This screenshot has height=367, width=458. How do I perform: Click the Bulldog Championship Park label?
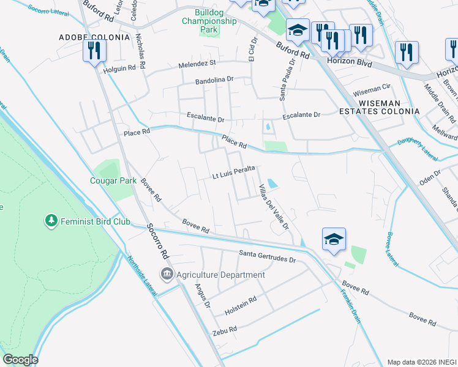tap(209, 21)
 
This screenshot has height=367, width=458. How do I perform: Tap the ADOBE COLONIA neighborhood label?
tap(95, 37)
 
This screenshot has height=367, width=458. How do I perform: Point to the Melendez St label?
tap(197, 63)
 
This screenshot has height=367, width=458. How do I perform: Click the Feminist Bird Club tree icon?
tap(51, 220)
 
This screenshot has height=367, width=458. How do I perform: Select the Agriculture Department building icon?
tap(166, 275)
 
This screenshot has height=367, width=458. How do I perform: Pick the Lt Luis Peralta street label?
tap(233, 176)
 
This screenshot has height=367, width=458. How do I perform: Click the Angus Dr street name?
tap(202, 296)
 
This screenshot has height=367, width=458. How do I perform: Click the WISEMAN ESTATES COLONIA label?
tap(380, 106)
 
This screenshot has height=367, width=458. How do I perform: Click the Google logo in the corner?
tap(20, 360)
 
